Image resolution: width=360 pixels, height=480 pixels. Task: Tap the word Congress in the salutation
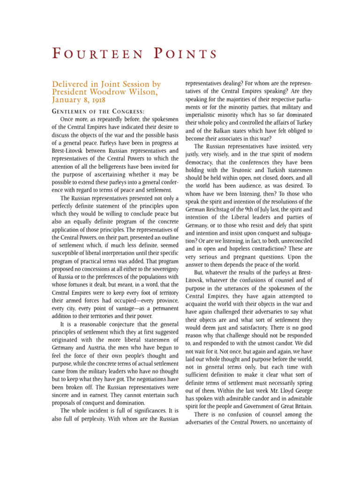pos(126,111)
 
